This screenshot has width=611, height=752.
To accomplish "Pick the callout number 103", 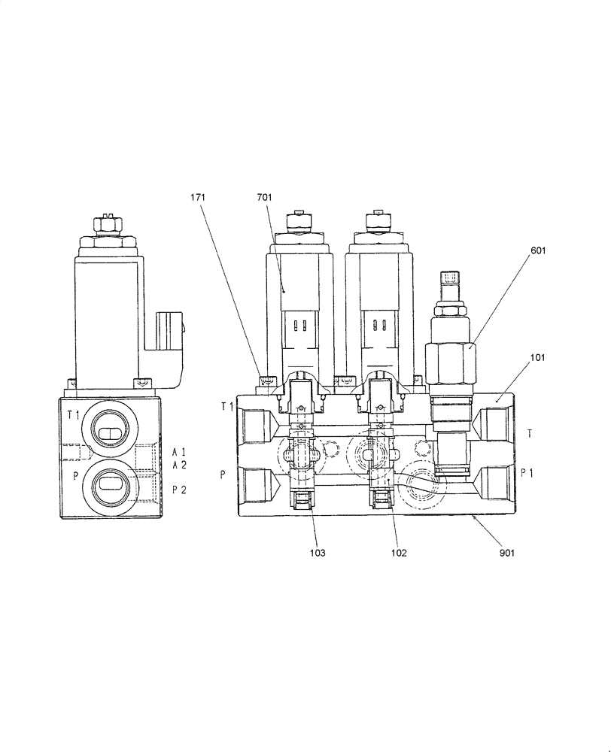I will coord(318,553).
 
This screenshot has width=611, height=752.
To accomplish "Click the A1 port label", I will coord(179,452).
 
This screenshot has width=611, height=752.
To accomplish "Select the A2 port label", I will coord(179,465).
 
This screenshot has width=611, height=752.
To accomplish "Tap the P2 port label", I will coord(179,490).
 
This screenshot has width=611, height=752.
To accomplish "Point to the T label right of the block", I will coord(530,433).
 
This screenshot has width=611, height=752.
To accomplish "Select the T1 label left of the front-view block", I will coord(227,407).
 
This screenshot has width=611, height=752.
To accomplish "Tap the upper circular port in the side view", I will coord(111,432).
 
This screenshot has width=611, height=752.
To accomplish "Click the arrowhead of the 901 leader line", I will coord(472,518).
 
